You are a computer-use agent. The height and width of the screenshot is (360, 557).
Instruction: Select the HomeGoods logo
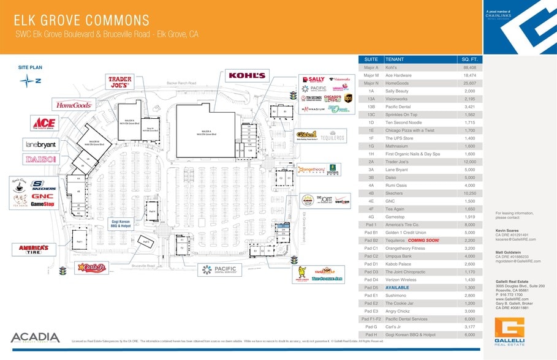click(x=74, y=105)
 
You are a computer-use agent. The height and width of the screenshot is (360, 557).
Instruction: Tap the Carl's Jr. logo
click(x=92, y=268)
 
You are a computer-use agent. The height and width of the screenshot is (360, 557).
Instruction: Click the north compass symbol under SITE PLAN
click(x=29, y=80)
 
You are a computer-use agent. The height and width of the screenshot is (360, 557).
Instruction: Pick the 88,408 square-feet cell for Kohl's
click(x=470, y=67)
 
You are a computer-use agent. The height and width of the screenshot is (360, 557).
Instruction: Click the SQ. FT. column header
click(x=470, y=59)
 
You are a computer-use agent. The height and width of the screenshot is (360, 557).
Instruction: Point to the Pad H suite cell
click(x=370, y=335)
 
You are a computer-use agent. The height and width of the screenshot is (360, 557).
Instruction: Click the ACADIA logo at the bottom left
click(x=35, y=338)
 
